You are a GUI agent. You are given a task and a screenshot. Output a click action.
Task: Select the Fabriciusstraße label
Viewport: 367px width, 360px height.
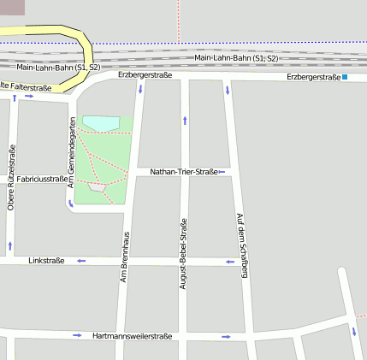(42, 179)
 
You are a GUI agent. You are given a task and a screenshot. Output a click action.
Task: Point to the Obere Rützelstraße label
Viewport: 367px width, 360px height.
(11, 178)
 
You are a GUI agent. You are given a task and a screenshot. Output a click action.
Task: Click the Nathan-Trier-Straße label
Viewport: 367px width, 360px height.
(183, 172)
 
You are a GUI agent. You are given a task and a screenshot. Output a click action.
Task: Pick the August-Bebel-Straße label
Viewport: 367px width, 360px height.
(183, 253)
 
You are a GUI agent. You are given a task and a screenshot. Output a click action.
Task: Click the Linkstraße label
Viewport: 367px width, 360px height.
(46, 260)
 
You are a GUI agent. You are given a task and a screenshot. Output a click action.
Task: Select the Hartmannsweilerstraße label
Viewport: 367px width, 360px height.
(133, 336)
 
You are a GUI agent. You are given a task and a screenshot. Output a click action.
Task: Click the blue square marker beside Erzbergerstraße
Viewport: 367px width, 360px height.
(345, 78)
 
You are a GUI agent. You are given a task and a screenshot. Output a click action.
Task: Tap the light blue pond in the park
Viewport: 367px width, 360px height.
(101, 124)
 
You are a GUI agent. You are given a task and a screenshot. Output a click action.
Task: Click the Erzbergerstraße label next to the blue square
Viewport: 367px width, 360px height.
(313, 77)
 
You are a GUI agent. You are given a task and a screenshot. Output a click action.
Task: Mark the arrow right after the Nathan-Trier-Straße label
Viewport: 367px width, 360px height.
(222, 173)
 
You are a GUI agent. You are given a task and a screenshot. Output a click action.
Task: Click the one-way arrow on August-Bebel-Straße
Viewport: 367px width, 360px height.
(185, 120)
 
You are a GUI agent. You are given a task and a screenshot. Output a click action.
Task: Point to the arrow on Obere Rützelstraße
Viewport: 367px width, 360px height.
(10, 245)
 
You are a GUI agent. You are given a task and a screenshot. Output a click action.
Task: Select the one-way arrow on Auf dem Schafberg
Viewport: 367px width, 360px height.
(228, 90)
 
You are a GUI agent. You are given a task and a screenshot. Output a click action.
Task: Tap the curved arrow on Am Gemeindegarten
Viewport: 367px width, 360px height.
(70, 204)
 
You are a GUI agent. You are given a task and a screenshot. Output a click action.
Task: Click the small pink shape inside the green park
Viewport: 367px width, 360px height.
(97, 186)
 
